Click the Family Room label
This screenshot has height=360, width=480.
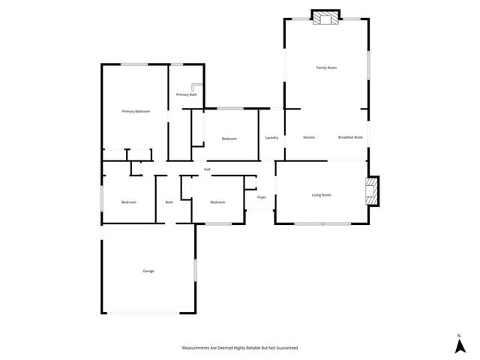pyautogui.click(x=325, y=67)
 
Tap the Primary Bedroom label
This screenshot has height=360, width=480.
pyautogui.click(x=136, y=111)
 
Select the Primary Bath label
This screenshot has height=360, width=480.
pyautogui.click(x=187, y=94)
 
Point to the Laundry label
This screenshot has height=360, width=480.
pyautogui.click(x=271, y=138)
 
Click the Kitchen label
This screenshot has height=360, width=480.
pyautogui.click(x=309, y=138)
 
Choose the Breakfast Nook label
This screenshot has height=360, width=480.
pyautogui.click(x=350, y=138)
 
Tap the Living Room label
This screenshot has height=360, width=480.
pyautogui.click(x=321, y=195)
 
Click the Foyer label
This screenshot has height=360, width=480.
pyautogui.click(x=262, y=197)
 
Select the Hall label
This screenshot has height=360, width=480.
pyautogui.click(x=206, y=169)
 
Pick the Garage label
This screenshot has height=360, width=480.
pyautogui.click(x=148, y=271)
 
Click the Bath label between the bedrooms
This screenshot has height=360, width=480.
pyautogui.click(x=169, y=202)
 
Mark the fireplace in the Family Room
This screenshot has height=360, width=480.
pyautogui.click(x=325, y=19)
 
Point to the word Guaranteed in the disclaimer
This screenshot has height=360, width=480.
pyautogui.click(x=285, y=348)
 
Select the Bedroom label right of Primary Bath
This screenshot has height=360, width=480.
pyautogui.click(x=229, y=139)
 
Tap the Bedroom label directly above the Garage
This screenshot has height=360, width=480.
pyautogui.click(x=129, y=202)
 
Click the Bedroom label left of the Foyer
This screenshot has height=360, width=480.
pyautogui.click(x=217, y=202)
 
